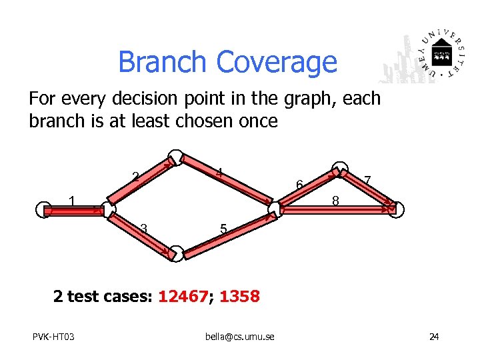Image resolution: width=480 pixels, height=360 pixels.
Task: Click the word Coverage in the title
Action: (x=276, y=63)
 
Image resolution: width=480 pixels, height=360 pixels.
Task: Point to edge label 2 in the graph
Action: (x=135, y=177)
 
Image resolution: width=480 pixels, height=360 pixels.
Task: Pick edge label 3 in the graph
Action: (x=143, y=229)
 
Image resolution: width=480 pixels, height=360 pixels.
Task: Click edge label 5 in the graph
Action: (x=224, y=230)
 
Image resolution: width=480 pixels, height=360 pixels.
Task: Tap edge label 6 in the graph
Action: (x=300, y=185)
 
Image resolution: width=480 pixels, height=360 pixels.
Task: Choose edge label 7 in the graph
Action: (x=368, y=179)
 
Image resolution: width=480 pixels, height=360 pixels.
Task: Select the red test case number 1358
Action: (x=239, y=297)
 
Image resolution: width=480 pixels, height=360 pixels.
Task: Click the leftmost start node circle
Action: (x=44, y=209)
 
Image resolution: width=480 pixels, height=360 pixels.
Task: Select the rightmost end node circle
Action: (x=396, y=209)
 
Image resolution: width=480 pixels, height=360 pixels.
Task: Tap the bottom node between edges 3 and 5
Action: (x=175, y=253)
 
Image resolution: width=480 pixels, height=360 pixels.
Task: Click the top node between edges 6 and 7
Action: (x=340, y=169)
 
